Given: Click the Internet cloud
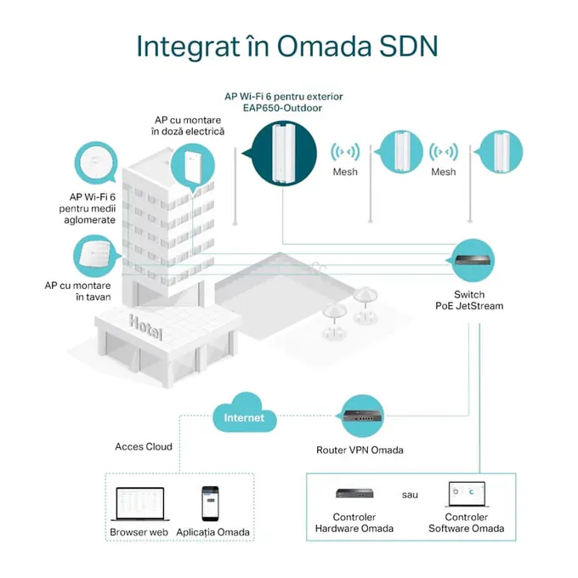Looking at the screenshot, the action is pos(245,414).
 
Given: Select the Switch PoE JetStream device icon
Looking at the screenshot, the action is pos(473,260).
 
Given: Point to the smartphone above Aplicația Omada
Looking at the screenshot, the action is pos(210,503).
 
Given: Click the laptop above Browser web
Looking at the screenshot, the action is pos(140,504).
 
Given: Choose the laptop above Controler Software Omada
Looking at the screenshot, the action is pos(467,495).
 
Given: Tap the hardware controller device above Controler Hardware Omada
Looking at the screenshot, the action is pos(354,493).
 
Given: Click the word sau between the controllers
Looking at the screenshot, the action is pos(410,495).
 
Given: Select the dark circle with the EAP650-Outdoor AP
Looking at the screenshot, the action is pos(284,153).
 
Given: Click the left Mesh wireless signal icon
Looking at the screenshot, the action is pos(345,152).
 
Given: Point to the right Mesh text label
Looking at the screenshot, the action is pos(444,172).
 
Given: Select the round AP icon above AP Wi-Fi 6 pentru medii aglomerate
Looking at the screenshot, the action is pos(96,162).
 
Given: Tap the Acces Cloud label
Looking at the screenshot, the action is pos(144,446).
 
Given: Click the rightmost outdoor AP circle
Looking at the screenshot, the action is pos(500,152).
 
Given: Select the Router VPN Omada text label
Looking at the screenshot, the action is pos(360,450).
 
